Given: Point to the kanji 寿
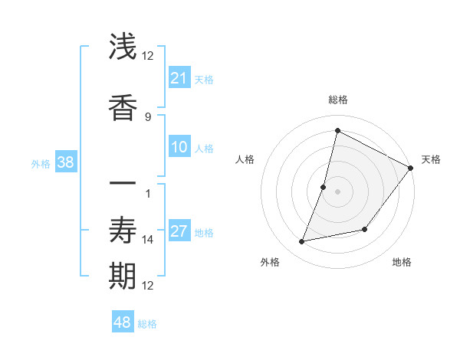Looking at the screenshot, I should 123,231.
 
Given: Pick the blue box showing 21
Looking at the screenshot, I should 179,78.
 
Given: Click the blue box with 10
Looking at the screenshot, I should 179,147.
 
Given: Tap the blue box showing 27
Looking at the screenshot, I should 179,231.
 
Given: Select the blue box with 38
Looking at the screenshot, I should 65,162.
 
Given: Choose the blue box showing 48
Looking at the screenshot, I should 123,322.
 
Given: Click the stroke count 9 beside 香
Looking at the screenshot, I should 148,116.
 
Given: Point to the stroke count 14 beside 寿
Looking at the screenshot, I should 148,240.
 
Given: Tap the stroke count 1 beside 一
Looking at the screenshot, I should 148,193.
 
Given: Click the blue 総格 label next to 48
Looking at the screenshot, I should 147,324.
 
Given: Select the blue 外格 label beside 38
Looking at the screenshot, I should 41,163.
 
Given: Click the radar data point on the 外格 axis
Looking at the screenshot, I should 302,242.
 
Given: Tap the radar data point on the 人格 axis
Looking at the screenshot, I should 324,187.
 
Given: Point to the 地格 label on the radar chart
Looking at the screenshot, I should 402,263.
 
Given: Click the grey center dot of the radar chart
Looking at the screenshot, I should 337,191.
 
